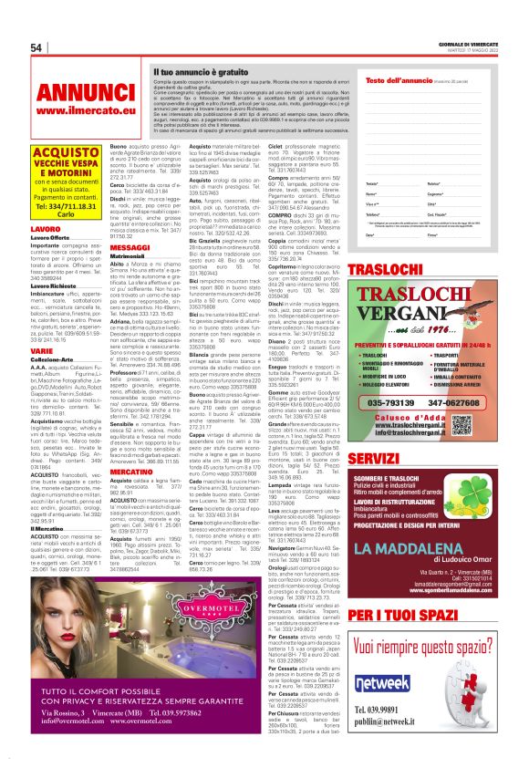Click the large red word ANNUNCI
[88, 93]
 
